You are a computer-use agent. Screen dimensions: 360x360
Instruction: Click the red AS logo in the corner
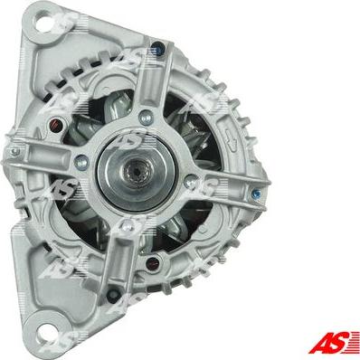(334, 342)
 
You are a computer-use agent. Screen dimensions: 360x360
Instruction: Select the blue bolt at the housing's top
(158, 47)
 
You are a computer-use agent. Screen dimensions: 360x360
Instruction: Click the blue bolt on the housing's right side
(256, 194)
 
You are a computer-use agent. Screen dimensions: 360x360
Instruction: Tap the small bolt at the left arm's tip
(14, 151)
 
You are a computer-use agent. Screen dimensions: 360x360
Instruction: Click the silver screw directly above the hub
(147, 117)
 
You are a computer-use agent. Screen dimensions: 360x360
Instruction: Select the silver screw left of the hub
(81, 162)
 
